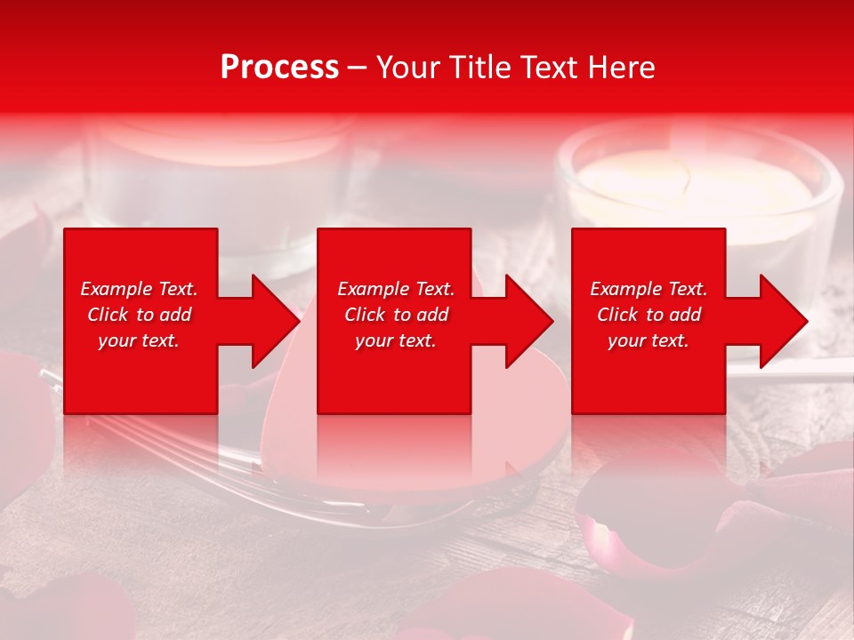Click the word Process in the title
click(x=279, y=68)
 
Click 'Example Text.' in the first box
click(x=140, y=289)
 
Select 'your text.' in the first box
click(x=140, y=340)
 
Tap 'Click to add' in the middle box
click(x=396, y=315)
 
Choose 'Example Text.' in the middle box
click(x=396, y=289)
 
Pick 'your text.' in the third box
click(x=649, y=340)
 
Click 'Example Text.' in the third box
click(x=649, y=289)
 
